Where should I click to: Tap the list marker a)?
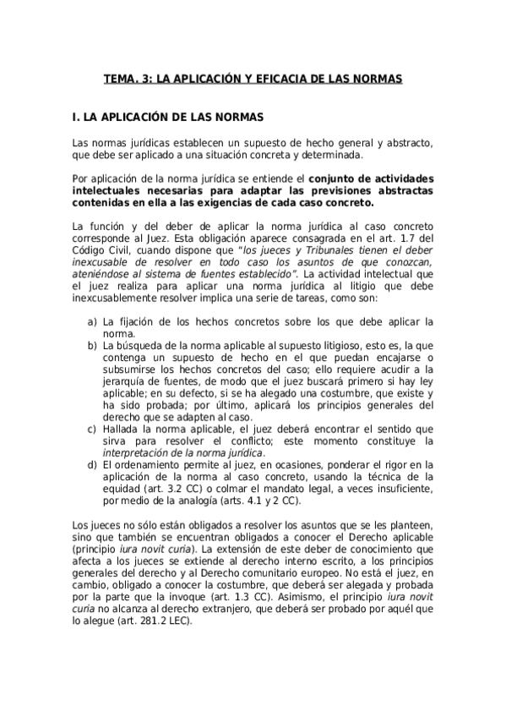[x=91, y=322]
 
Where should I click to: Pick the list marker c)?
[x=91, y=429]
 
